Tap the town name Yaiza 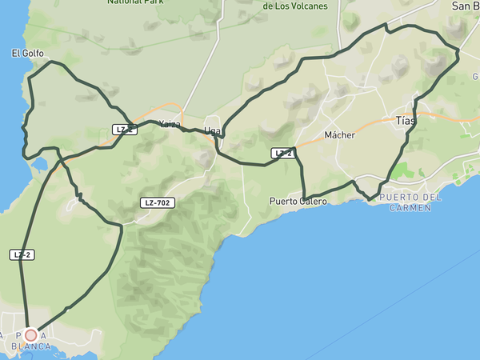pyautogui.click(x=170, y=124)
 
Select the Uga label pyautogui.click(x=212, y=130)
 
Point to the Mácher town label pyautogui.click(x=339, y=135)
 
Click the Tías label pyautogui.click(x=406, y=121)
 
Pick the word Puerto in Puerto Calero pyautogui.click(x=286, y=202)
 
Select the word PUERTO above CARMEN pyautogui.click(x=400, y=197)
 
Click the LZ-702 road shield pyautogui.click(x=156, y=202)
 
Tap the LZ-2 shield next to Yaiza pyautogui.click(x=122, y=130)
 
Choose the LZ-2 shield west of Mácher pyautogui.click(x=282, y=153)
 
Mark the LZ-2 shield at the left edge pyautogui.click(x=22, y=254)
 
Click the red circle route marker pyautogui.click(x=30, y=334)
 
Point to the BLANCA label pyautogui.click(x=31, y=346)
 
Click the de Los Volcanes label pyautogui.click(x=295, y=6)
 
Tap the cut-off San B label pyautogui.click(x=465, y=6)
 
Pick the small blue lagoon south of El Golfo pyautogui.click(x=39, y=166)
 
